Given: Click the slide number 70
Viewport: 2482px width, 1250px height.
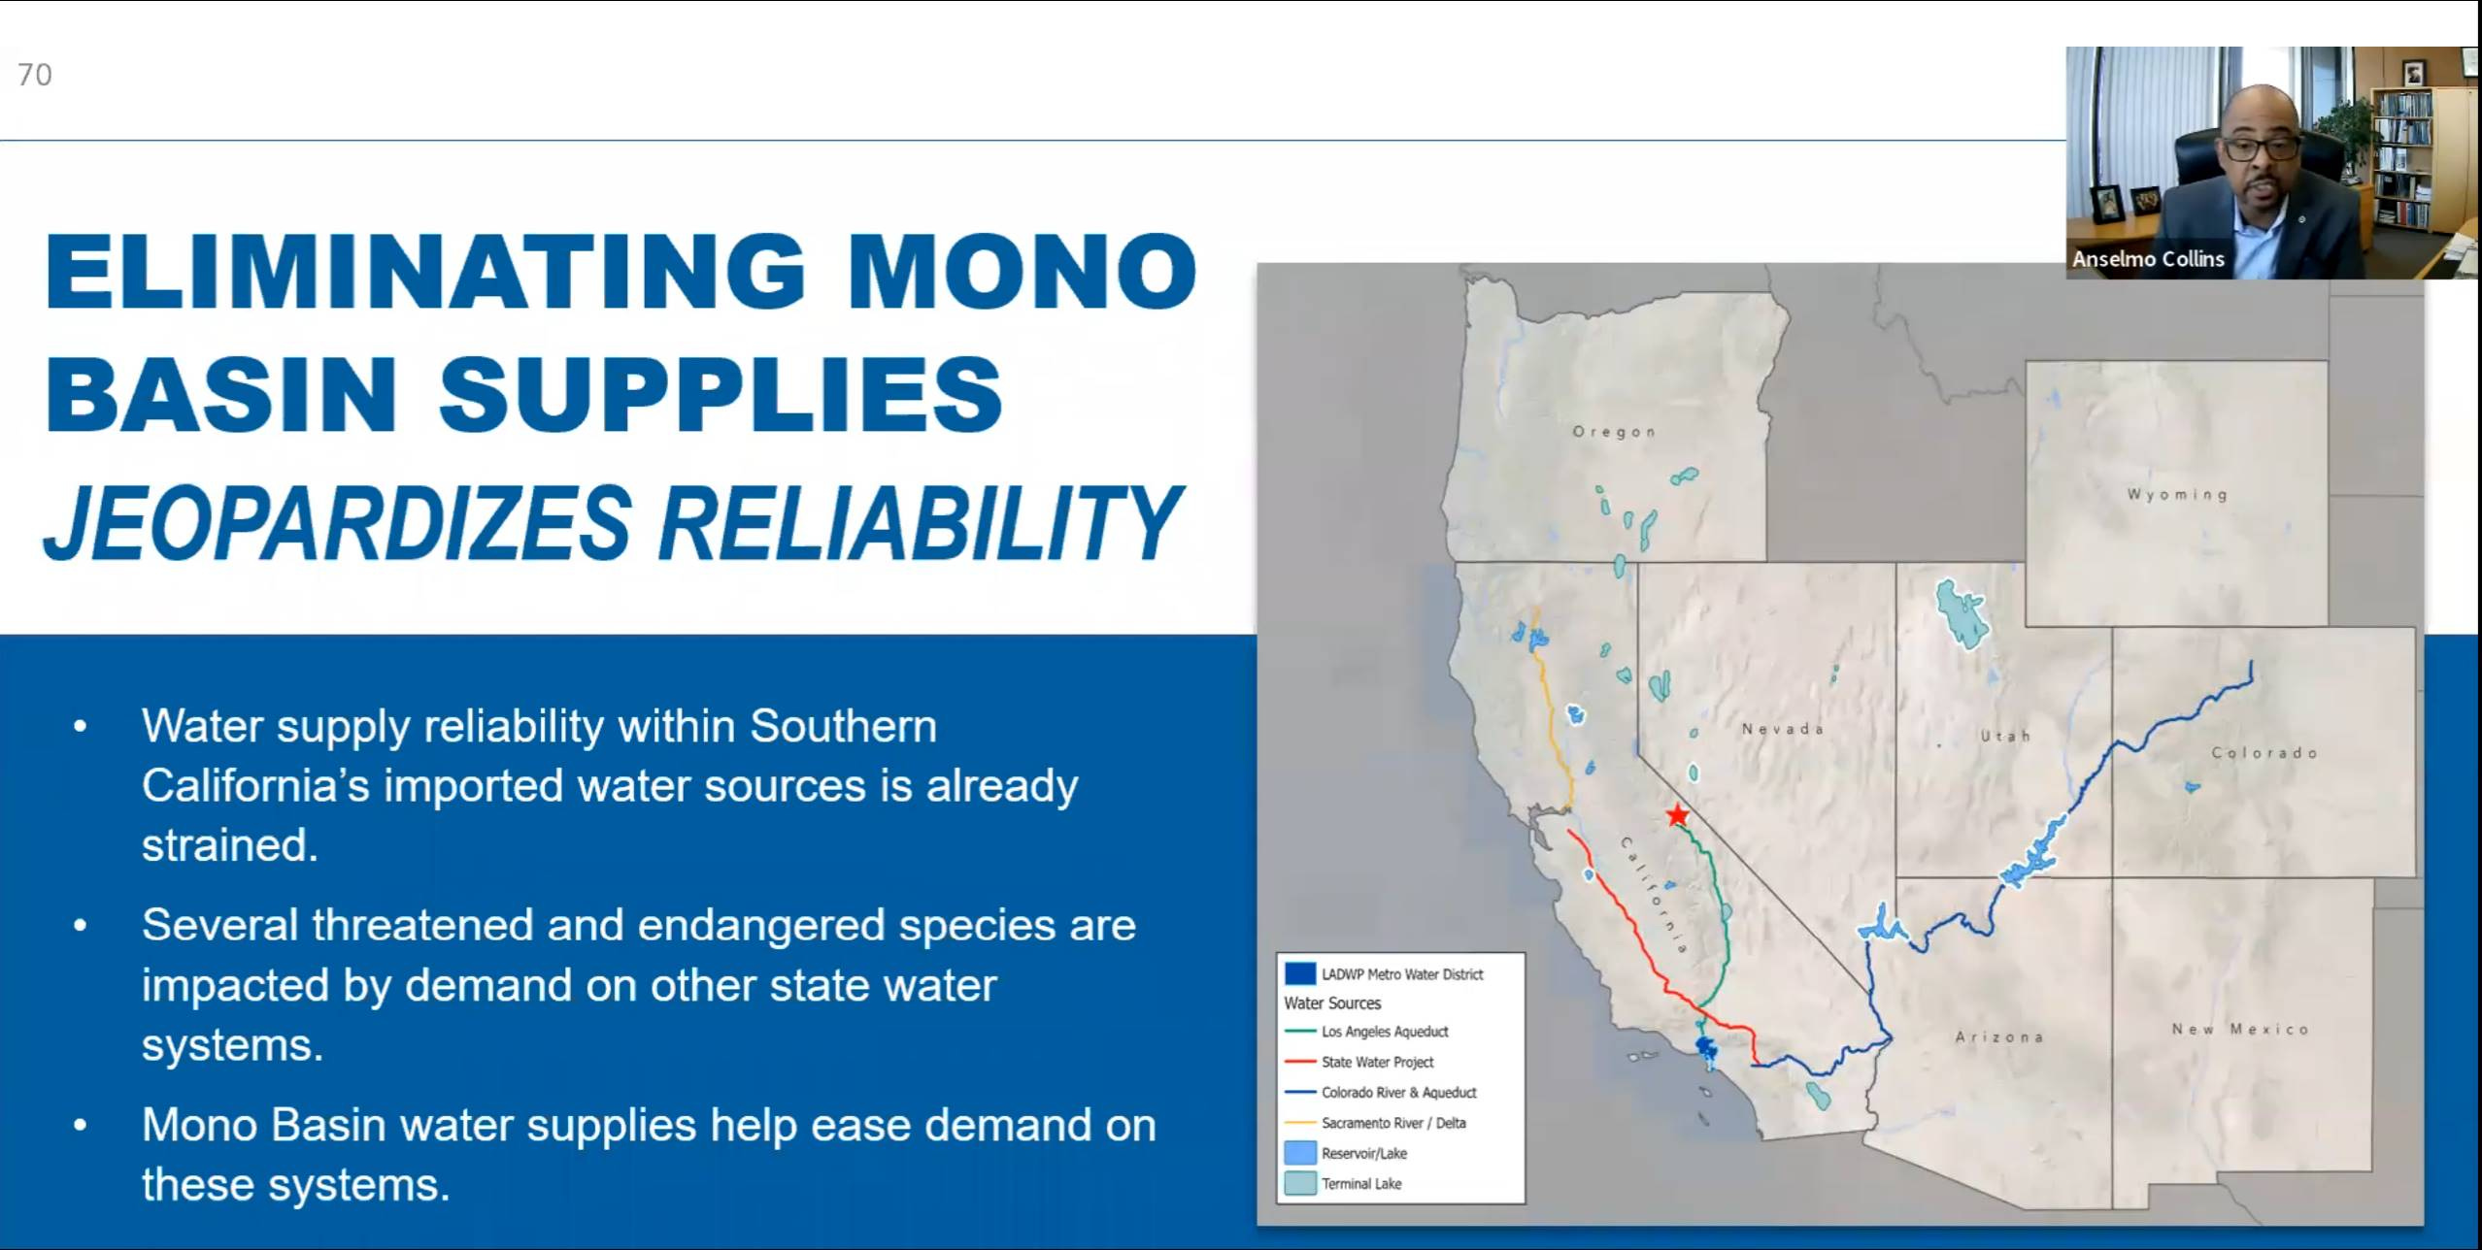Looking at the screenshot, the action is pyautogui.click(x=35, y=75).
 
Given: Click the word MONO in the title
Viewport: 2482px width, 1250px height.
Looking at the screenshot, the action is pyautogui.click(x=1023, y=271).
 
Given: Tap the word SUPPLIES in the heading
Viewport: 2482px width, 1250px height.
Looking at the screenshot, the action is pyautogui.click(x=721, y=394).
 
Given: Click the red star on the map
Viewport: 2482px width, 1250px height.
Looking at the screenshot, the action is pyautogui.click(x=1677, y=815).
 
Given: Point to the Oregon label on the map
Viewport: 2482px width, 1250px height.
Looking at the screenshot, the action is pyautogui.click(x=1614, y=432).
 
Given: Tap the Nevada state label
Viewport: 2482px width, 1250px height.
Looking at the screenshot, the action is pyautogui.click(x=1783, y=729).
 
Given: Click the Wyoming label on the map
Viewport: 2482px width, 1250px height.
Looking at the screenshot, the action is pyautogui.click(x=2177, y=495).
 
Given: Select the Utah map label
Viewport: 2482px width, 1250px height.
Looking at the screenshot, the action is pyautogui.click(x=2005, y=736).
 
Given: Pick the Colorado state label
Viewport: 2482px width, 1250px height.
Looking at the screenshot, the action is pyautogui.click(x=2264, y=752).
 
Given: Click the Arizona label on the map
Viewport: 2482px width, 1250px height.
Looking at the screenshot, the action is pyautogui.click(x=1999, y=1036).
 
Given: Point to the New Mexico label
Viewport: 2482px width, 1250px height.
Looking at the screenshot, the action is pyautogui.click(x=2240, y=1029).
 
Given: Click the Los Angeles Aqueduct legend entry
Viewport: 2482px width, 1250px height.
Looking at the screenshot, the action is pyautogui.click(x=1366, y=1032).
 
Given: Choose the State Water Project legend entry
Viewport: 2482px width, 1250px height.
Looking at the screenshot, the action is pyautogui.click(x=1358, y=1062).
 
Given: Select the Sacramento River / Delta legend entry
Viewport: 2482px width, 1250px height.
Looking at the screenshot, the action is pyautogui.click(x=1375, y=1123).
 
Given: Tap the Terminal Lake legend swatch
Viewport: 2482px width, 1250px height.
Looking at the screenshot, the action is pyautogui.click(x=1300, y=1183).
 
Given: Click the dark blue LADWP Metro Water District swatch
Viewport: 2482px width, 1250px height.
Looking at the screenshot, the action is pyautogui.click(x=1300, y=973).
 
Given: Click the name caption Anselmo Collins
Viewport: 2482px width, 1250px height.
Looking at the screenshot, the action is pyautogui.click(x=2148, y=259).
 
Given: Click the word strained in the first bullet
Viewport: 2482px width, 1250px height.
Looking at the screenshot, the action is pyautogui.click(x=230, y=845).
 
